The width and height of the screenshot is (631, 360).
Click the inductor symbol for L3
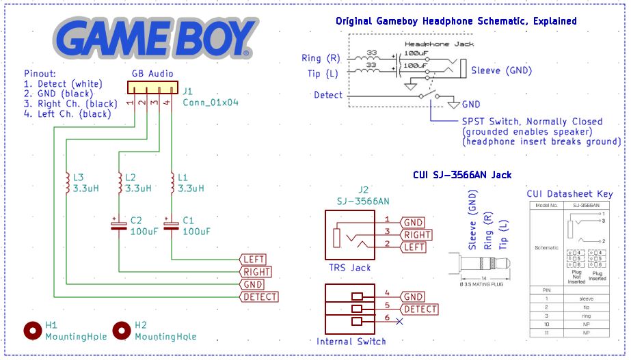point(66,182)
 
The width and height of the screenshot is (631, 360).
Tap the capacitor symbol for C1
point(171,225)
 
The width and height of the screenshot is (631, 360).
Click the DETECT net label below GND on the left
point(260,296)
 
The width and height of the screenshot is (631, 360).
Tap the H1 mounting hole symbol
point(33,331)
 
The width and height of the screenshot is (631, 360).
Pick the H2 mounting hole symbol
point(122,331)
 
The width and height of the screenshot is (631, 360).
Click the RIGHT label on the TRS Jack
point(416,234)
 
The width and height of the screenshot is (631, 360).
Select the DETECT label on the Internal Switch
point(420,309)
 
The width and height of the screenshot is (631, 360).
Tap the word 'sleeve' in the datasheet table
point(585,299)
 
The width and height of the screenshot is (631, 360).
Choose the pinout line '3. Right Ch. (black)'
point(67,104)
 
